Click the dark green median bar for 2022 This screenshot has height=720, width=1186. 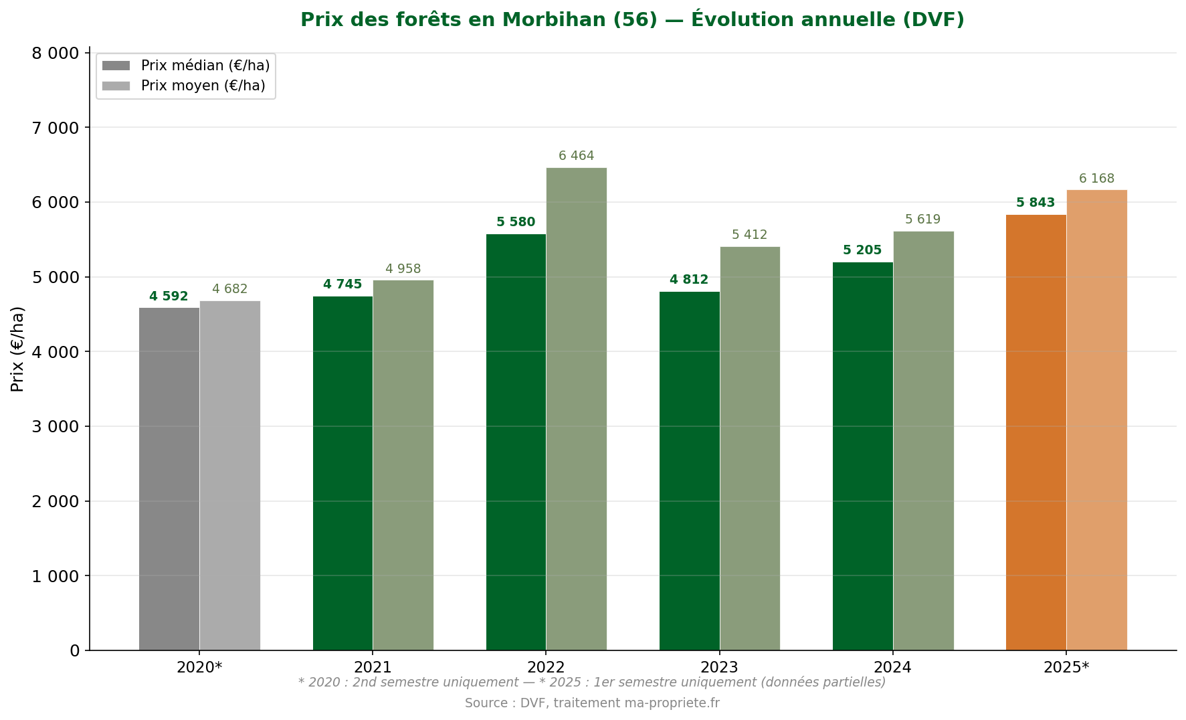click(516, 442)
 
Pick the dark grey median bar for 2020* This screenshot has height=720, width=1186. click(169, 478)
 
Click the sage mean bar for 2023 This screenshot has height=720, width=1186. click(750, 448)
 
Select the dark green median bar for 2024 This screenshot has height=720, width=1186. click(862, 456)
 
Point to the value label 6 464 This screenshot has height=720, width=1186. click(576, 156)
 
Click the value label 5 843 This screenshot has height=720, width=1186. click(1035, 203)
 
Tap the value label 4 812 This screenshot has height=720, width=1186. click(688, 280)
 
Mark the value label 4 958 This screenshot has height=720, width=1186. click(403, 269)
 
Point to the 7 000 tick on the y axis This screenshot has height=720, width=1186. click(56, 128)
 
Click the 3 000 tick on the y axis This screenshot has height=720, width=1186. click(56, 426)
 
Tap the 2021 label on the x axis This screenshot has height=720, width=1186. click(373, 667)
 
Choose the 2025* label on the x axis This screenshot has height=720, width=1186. click(1066, 667)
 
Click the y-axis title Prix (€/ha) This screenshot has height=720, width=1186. click(18, 349)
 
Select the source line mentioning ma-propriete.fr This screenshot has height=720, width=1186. click(592, 703)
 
